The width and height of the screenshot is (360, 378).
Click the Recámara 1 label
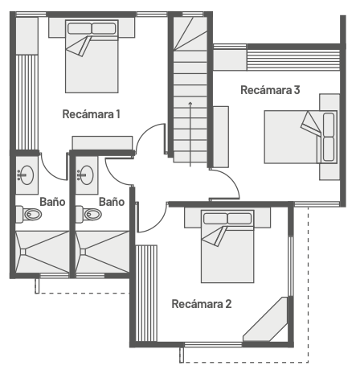pos(91,114)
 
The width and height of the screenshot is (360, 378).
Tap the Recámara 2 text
pos(202,304)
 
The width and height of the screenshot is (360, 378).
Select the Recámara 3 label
pos(270,90)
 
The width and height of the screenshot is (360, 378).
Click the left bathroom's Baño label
pos(52,202)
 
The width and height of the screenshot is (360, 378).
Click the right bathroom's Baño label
pos(112,202)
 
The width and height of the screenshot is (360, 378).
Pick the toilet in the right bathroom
pos(88,214)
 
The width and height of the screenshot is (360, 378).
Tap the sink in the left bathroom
pos(26,175)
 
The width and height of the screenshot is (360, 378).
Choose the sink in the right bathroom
pos(86,175)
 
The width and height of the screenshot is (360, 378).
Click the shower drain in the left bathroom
pos(23,252)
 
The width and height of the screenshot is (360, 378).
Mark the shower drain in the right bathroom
pos(83,252)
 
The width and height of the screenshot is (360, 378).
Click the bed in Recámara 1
pos(92,56)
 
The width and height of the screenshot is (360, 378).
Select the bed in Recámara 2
pos(227,246)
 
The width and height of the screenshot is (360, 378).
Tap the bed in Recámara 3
pos(301,137)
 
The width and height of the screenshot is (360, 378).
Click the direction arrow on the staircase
pos(190,134)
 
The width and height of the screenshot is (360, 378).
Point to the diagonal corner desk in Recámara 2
pos(265,319)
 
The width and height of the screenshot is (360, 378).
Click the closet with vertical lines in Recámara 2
pos(146,293)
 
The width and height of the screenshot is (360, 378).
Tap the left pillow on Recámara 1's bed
pos(80,29)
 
